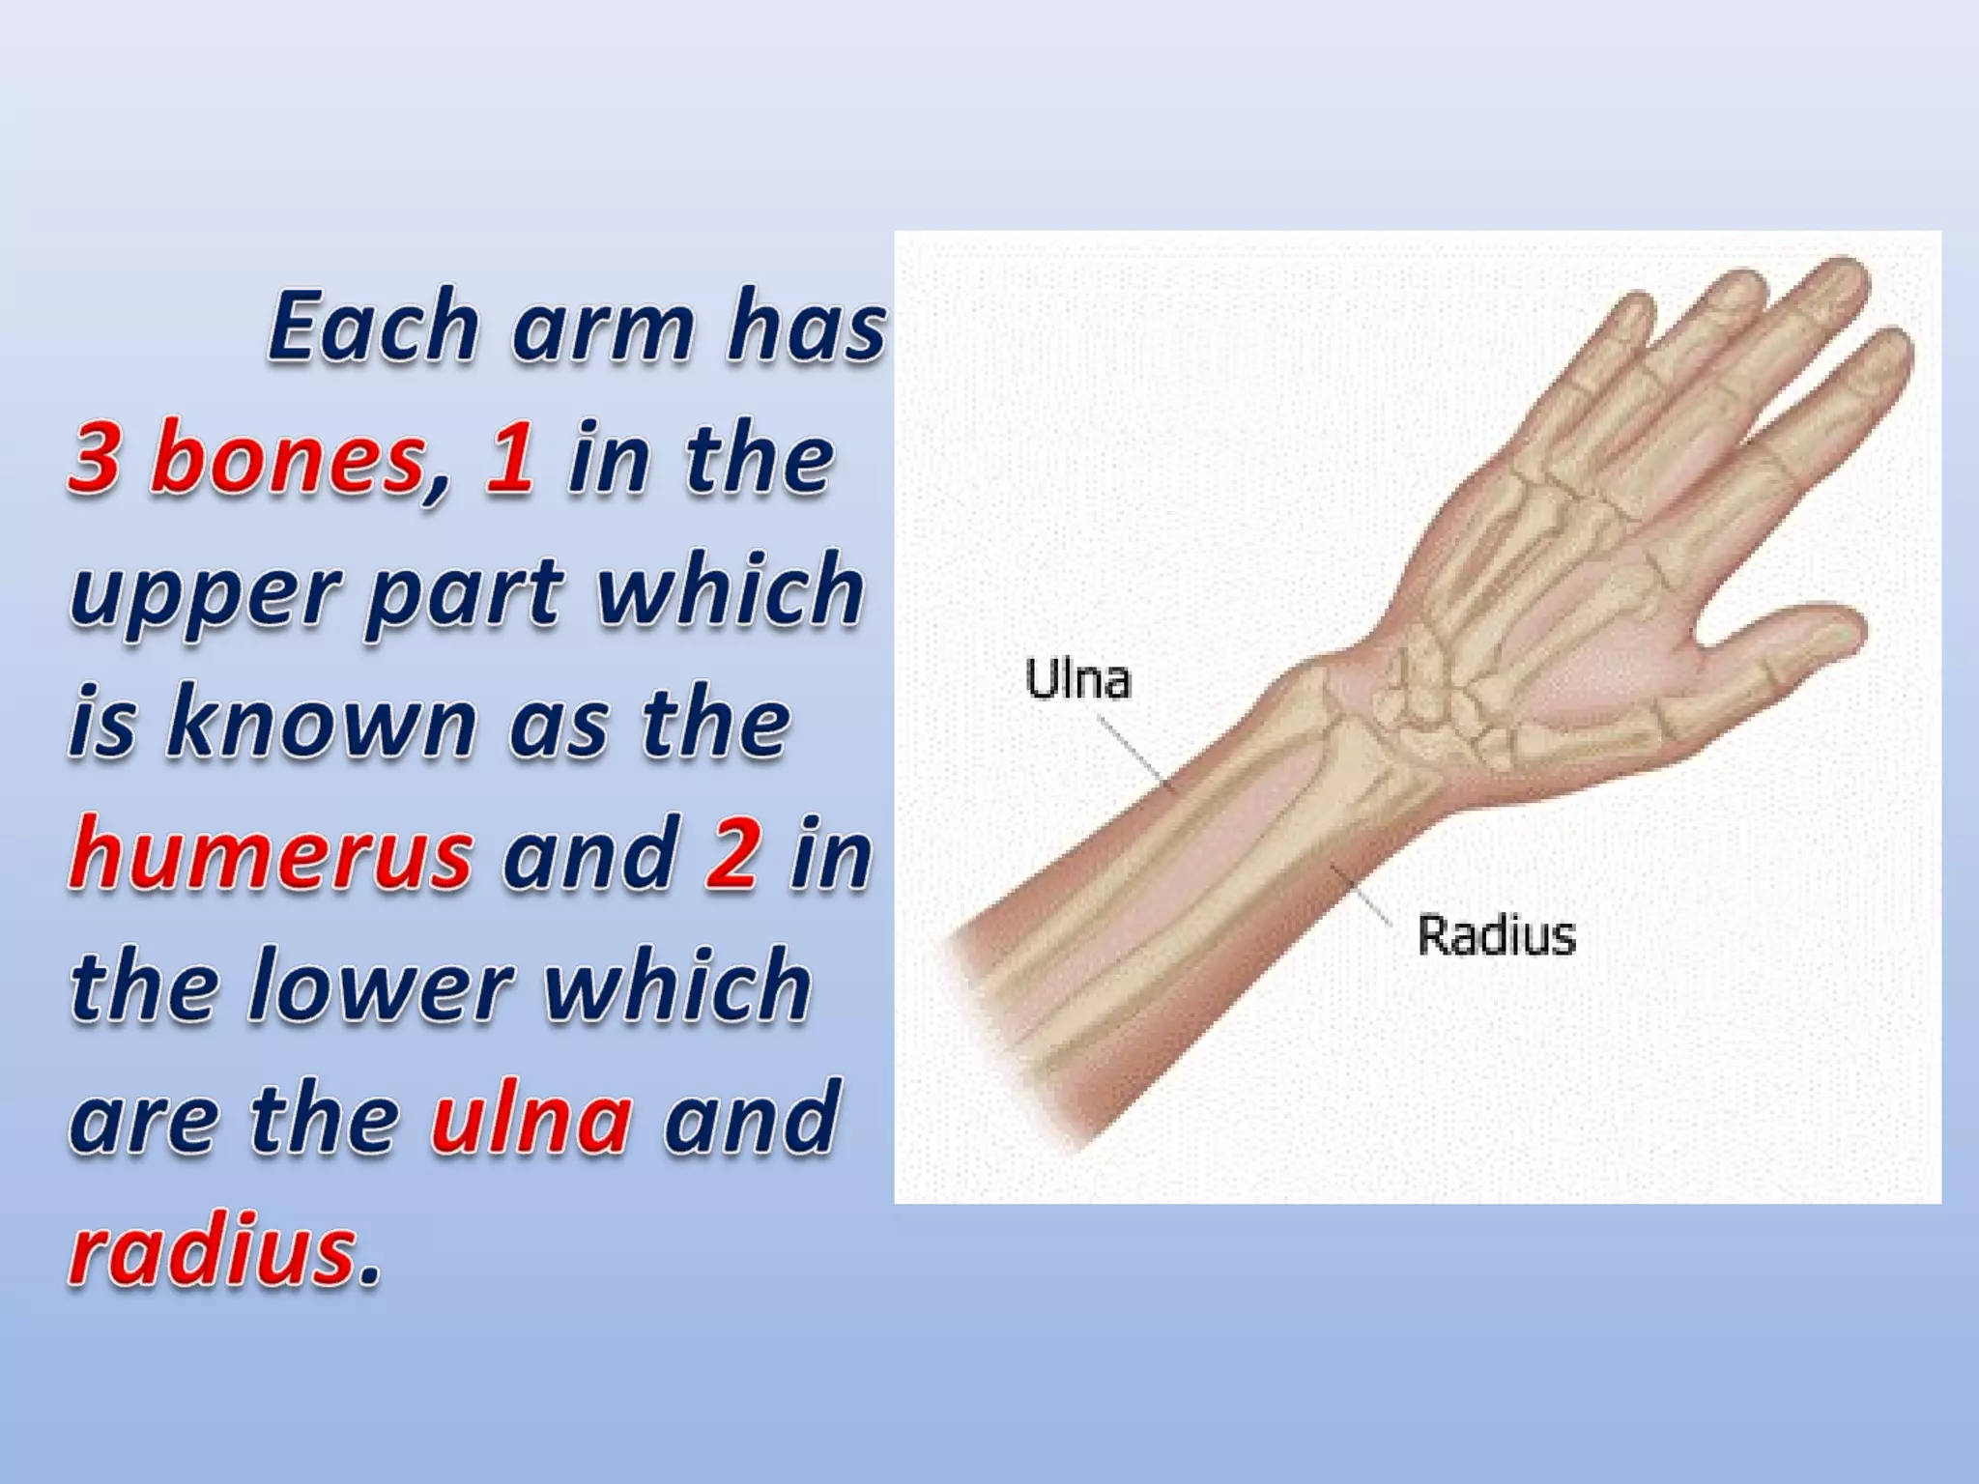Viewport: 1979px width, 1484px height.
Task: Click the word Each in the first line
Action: click(373, 326)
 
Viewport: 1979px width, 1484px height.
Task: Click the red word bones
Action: click(288, 458)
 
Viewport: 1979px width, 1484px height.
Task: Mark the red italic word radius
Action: click(213, 1250)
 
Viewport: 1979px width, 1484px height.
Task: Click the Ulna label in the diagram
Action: click(1077, 678)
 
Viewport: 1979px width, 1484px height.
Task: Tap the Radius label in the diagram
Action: click(1496, 935)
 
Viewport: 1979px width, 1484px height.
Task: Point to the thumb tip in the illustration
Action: click(1841, 628)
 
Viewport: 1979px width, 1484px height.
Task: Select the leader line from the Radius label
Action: click(1362, 895)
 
